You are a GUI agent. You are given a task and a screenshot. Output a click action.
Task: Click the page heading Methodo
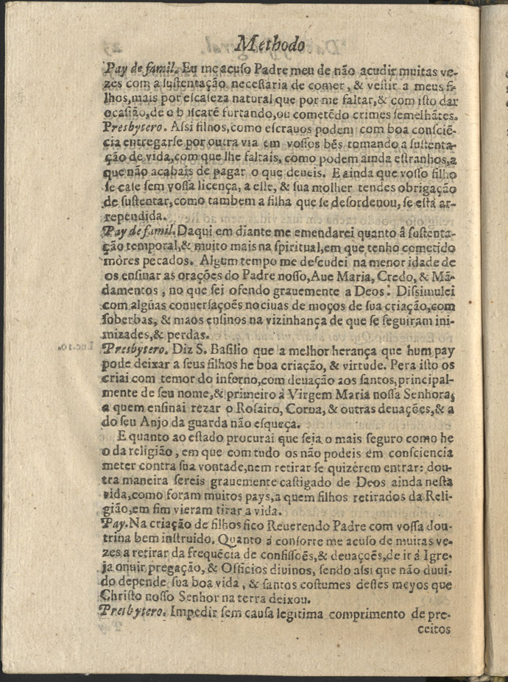tap(272, 46)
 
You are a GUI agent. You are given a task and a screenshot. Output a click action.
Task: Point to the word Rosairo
tap(219, 399)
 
